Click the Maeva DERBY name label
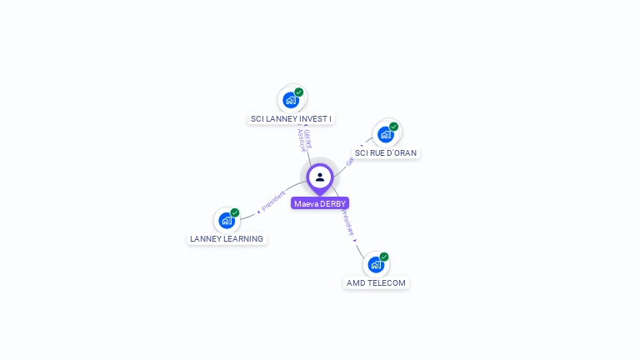[320, 203]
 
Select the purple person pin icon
[320, 177]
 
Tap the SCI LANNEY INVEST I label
[291, 119]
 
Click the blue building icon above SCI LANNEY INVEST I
[291, 100]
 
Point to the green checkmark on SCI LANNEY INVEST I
[299, 92]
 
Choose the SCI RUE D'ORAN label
[386, 153]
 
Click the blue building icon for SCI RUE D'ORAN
[385, 134]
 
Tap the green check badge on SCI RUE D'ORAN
[393, 127]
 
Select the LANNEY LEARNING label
[227, 239]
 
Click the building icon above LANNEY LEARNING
[226, 220]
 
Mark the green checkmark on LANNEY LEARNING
[235, 212]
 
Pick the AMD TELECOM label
[376, 283]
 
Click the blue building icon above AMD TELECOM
[376, 264]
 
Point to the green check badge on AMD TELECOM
[384, 257]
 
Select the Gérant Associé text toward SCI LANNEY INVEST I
[305, 139]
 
